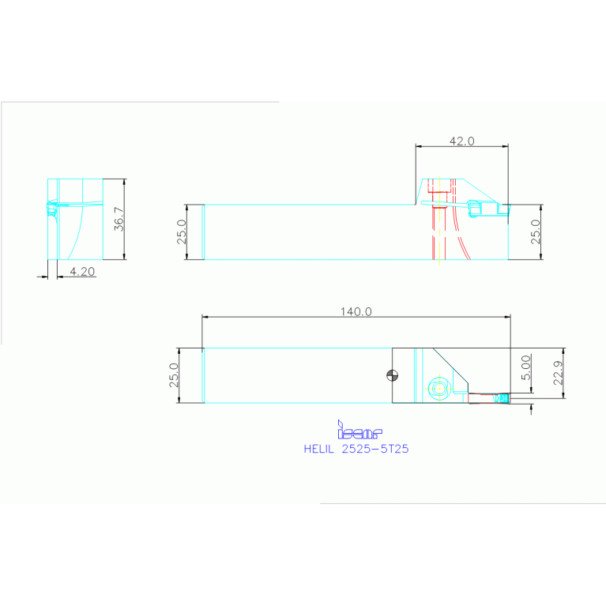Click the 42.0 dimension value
pyautogui.click(x=461, y=141)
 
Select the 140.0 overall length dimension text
pyautogui.click(x=356, y=311)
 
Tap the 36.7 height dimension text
pyautogui.click(x=119, y=219)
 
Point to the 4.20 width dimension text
pyautogui.click(x=82, y=271)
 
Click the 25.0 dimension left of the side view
pyautogui.click(x=181, y=232)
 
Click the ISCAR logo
pyautogui.click(x=359, y=431)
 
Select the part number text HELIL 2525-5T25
pyautogui.click(x=356, y=448)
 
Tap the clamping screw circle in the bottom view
pyautogui.click(x=438, y=388)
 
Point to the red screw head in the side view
pyautogui.click(x=439, y=190)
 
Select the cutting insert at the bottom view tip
pyautogui.click(x=500, y=398)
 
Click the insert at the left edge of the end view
pyautogui.click(x=51, y=209)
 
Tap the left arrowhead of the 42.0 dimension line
pyautogui.click(x=418, y=146)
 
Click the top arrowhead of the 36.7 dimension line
pyautogui.click(x=125, y=181)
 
